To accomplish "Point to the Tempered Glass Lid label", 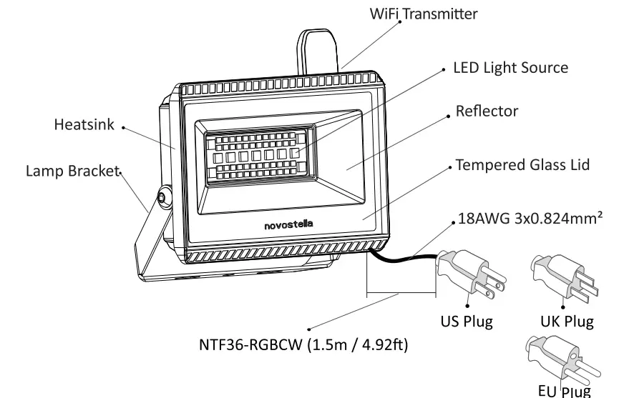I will (522, 165).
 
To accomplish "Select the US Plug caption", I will (467, 321).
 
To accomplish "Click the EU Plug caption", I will (565, 390).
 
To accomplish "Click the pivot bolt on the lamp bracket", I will (163, 194).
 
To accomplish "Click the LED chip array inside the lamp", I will (258, 153).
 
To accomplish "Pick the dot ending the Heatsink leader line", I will (123, 129).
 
